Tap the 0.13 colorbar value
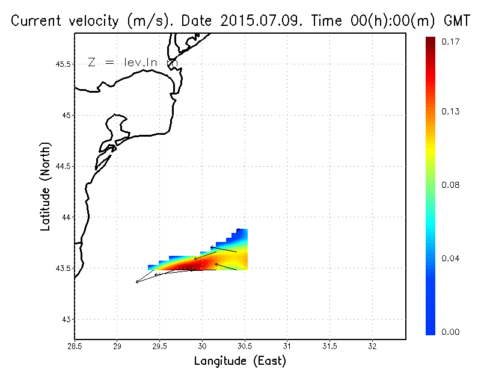(452, 111)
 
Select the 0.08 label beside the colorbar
(452, 185)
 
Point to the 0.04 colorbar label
(452, 259)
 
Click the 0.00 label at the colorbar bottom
(452, 332)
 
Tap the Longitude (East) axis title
(240, 361)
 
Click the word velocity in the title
(90, 21)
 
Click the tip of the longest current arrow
(136, 282)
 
